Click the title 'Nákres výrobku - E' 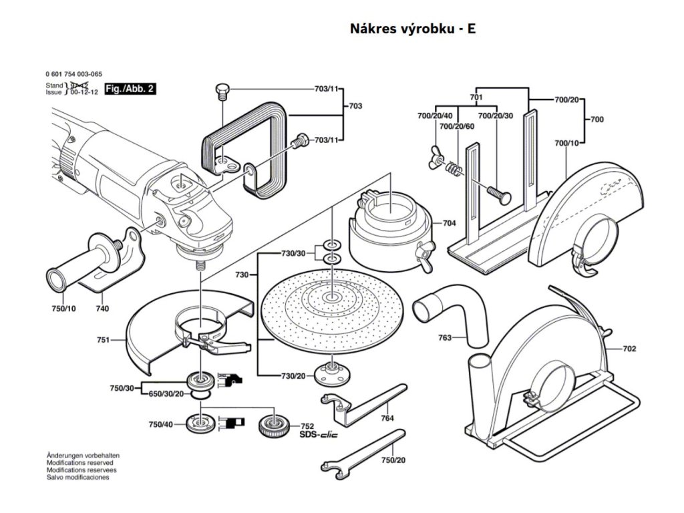[413, 29]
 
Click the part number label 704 [449, 224]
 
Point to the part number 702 [629, 349]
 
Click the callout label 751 [103, 340]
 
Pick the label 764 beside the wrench [387, 417]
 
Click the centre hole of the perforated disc [332, 296]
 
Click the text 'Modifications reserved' [79, 462]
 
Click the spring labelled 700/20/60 [454, 169]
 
